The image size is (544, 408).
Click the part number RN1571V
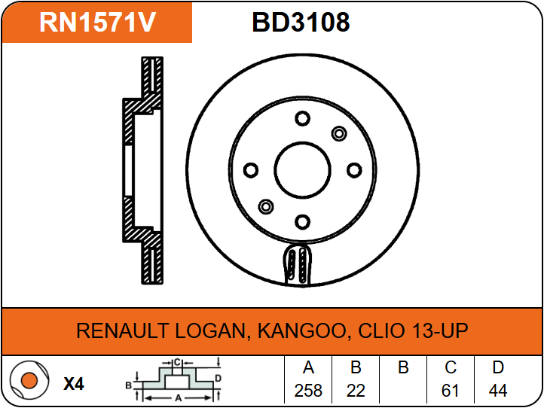tap(97, 22)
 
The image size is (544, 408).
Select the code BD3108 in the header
tap(301, 22)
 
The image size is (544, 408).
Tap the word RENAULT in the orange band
tap(122, 330)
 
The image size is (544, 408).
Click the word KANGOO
tap(301, 331)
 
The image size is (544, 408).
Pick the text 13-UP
tap(440, 330)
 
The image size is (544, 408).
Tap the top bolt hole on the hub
tap(302, 118)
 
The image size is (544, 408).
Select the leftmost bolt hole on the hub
tap(251, 170)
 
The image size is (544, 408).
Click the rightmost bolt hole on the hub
tap(354, 170)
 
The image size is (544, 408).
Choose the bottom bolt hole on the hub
tap(302, 222)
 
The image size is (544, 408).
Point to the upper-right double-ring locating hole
tap(339, 133)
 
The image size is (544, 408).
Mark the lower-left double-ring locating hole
tap(266, 207)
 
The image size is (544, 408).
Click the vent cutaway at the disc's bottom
tap(297, 265)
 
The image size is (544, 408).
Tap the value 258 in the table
tap(308, 391)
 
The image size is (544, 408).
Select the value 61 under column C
tap(451, 391)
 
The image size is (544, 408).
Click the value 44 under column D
tap(498, 391)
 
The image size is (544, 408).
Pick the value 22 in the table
tap(356, 391)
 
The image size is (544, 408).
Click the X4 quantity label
tap(74, 384)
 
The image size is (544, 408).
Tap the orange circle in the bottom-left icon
tap(29, 381)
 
